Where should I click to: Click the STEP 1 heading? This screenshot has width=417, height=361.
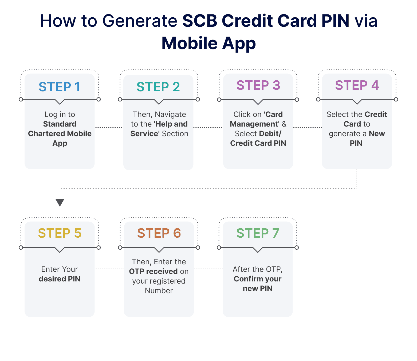click(60, 87)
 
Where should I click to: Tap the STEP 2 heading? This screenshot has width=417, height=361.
click(158, 87)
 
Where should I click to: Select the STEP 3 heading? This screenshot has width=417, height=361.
click(258, 85)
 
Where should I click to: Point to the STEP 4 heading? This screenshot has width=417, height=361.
click(357, 85)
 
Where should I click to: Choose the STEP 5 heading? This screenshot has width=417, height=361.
click(60, 233)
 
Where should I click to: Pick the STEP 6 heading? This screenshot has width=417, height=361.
click(159, 233)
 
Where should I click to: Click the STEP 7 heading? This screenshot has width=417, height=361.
click(258, 233)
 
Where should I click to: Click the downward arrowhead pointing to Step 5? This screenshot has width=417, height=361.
click(60, 203)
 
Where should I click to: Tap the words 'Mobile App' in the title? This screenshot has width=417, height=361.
click(208, 43)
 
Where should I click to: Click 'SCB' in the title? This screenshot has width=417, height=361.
click(199, 21)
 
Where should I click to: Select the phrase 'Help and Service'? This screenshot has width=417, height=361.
click(159, 129)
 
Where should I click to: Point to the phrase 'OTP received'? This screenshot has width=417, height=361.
click(153, 271)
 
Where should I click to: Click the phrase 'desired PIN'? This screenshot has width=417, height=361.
click(60, 279)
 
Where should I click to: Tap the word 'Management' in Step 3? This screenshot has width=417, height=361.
click(254, 124)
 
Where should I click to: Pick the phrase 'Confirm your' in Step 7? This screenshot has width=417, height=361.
click(258, 279)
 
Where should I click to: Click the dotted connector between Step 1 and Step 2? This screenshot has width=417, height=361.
click(109, 127)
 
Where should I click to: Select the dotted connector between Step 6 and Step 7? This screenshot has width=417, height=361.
click(208, 269)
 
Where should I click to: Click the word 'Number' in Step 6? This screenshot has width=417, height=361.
click(159, 291)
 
